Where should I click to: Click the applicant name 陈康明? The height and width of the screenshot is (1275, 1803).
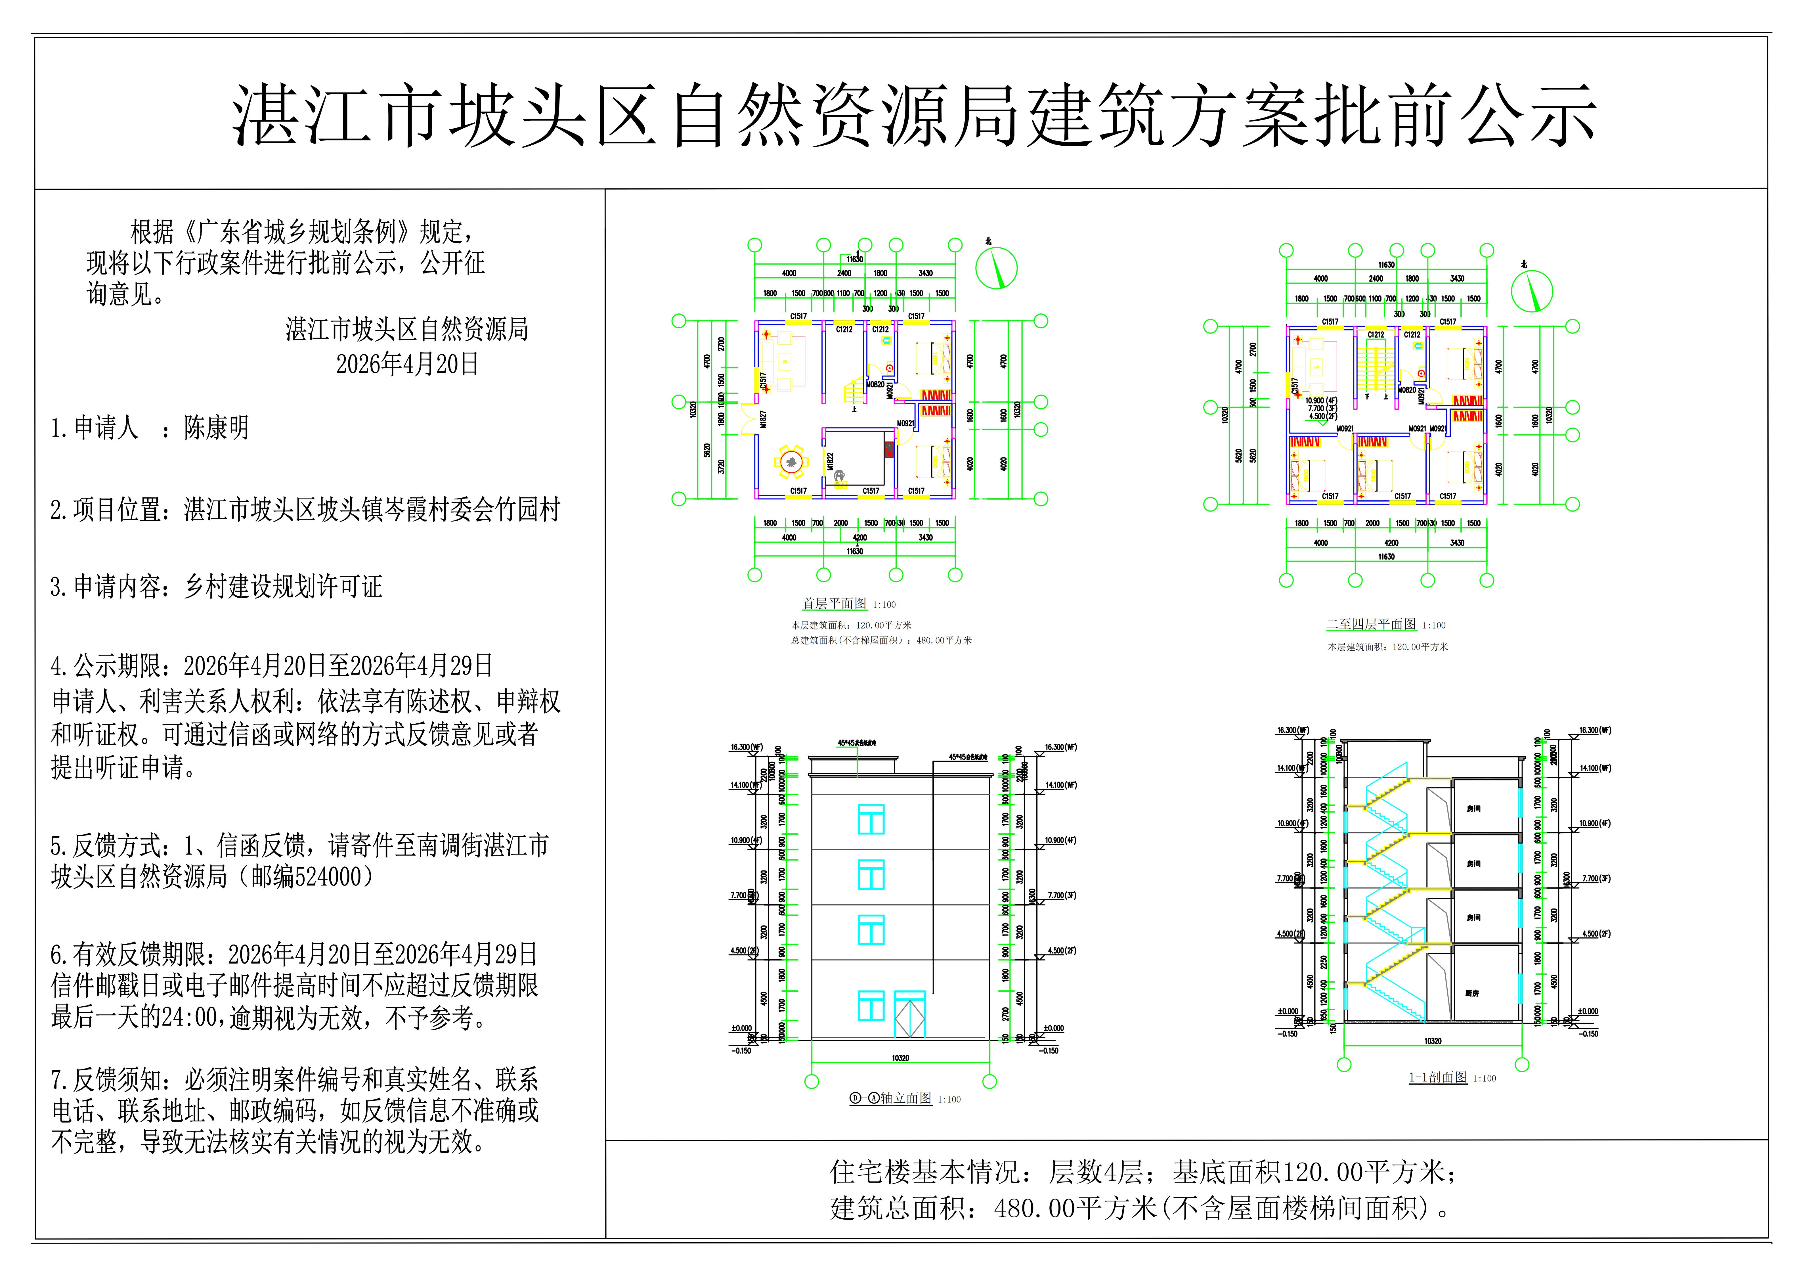216,428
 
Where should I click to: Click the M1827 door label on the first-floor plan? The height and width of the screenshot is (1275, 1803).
762,420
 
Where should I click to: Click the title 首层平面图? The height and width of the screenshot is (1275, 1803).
834,603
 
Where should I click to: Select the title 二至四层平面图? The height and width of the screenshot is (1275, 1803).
1371,625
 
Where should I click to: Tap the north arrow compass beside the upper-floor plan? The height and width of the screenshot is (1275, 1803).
1531,291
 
